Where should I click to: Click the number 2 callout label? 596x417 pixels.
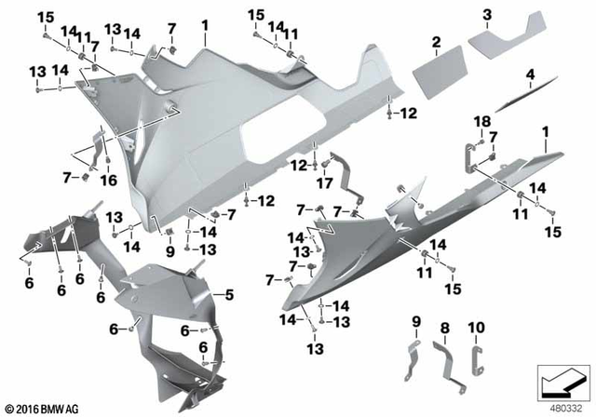435,42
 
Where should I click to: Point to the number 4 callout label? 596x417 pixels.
530,74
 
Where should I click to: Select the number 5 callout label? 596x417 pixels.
226,296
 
